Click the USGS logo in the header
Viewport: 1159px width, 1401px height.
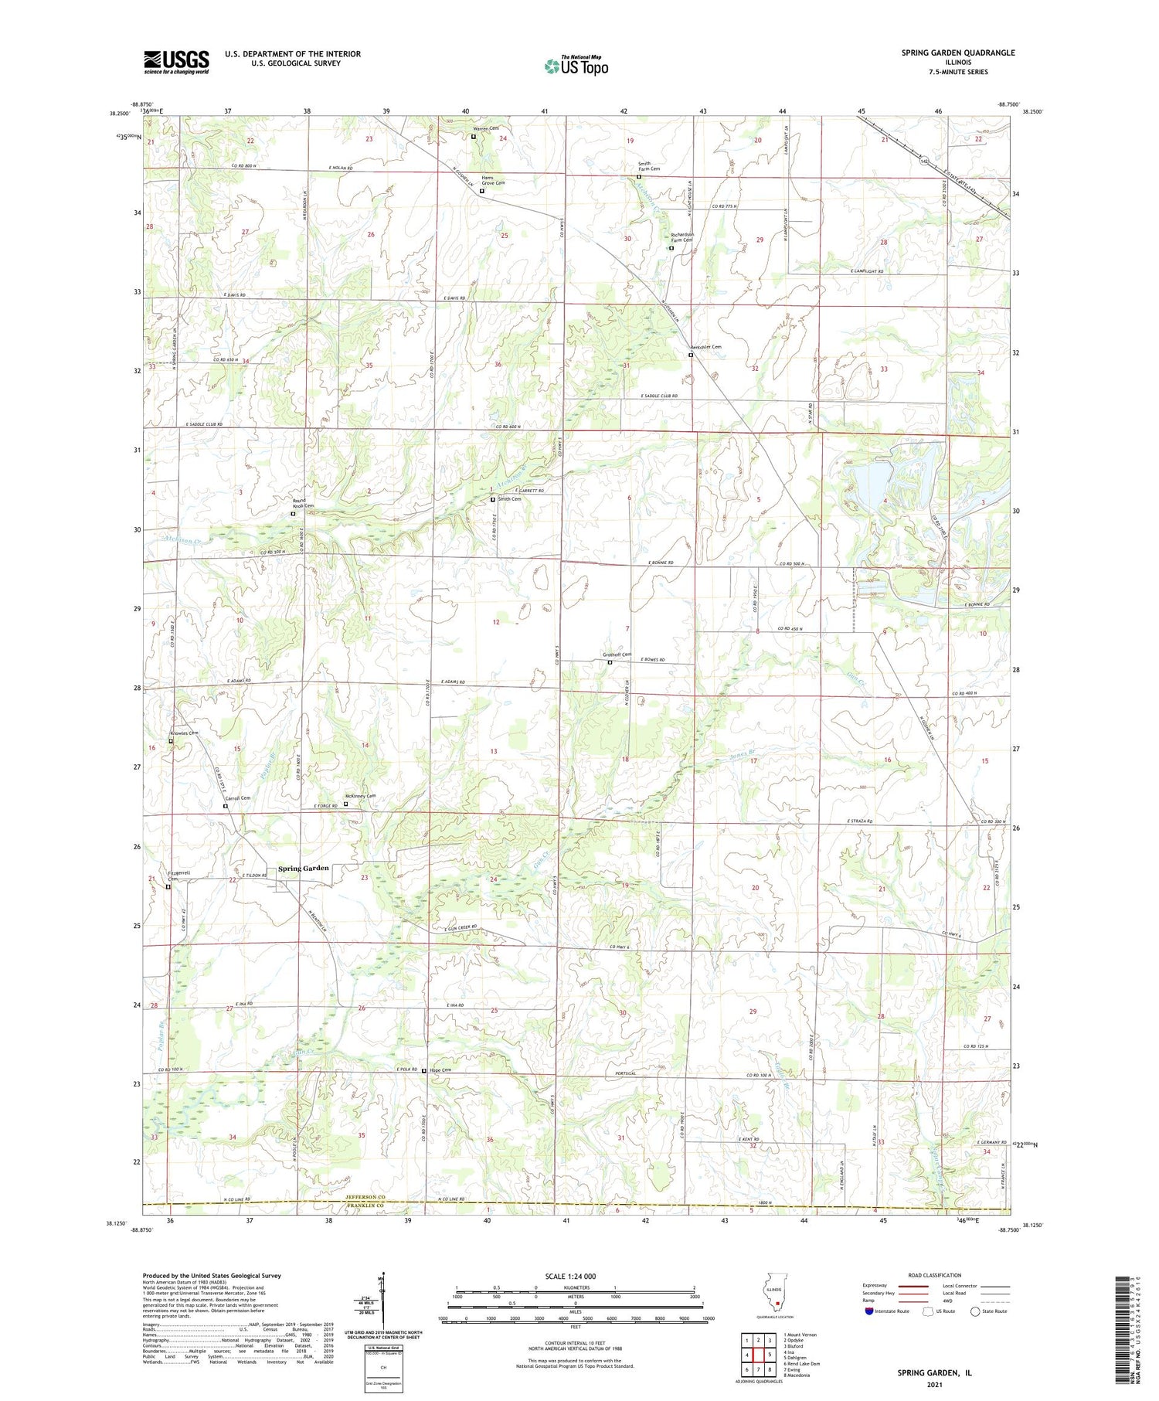click(x=176, y=62)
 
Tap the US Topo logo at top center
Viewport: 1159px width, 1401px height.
click(x=576, y=66)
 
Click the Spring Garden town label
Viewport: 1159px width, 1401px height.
click(x=304, y=868)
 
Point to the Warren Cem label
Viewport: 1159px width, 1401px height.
click(x=486, y=128)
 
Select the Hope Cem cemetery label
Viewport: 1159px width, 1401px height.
click(x=440, y=1070)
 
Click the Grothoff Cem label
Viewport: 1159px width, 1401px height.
click(x=617, y=655)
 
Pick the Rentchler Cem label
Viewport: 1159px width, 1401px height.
click(x=706, y=348)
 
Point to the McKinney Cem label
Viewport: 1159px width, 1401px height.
click(x=361, y=796)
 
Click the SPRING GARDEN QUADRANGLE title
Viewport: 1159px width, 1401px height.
click(x=957, y=53)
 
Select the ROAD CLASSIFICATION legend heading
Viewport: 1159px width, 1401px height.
click(x=935, y=1275)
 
